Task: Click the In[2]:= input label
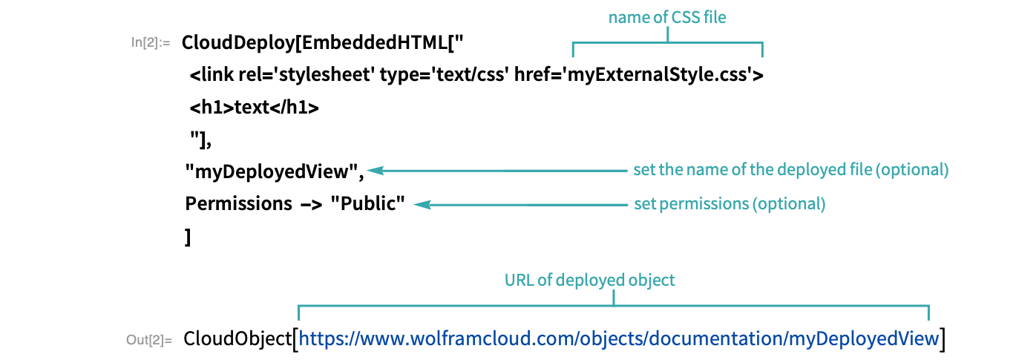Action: (x=151, y=42)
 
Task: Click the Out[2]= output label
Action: (x=149, y=340)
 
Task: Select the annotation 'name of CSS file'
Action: (x=667, y=17)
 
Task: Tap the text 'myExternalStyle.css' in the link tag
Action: (x=658, y=75)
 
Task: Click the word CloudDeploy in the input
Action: (x=238, y=43)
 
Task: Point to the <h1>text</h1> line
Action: (x=255, y=108)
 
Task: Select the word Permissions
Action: (x=238, y=204)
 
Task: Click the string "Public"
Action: (x=368, y=203)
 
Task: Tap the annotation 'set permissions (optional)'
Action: (x=730, y=204)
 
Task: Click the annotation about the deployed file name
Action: (x=791, y=170)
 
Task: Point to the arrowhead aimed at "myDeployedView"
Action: (x=376, y=171)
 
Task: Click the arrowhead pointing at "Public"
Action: (x=422, y=205)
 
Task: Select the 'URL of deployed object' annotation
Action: (x=590, y=280)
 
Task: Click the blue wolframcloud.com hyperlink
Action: (x=619, y=338)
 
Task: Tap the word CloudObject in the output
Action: (x=237, y=339)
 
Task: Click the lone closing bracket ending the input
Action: (x=188, y=237)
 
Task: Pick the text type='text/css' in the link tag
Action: (x=442, y=75)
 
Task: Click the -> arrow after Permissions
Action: (x=311, y=204)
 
